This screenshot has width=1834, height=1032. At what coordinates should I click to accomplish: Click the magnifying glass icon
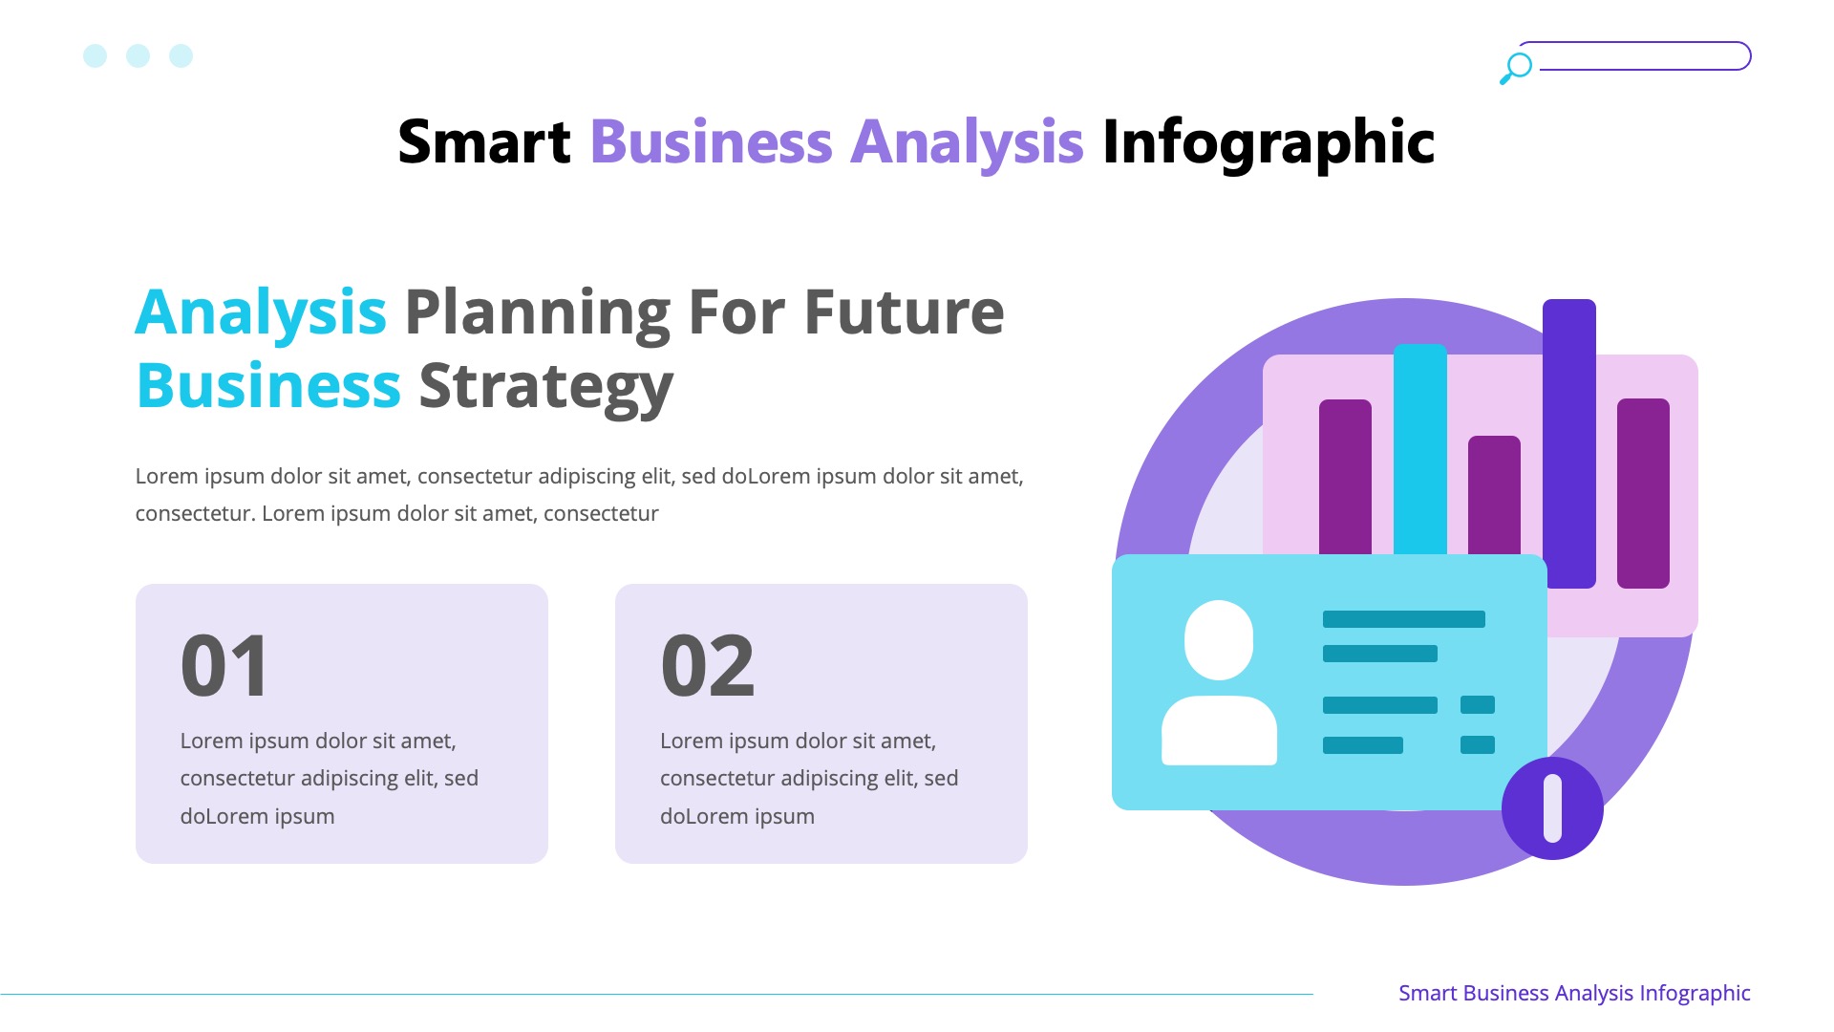point(1515,68)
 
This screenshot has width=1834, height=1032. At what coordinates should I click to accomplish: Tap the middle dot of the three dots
point(138,56)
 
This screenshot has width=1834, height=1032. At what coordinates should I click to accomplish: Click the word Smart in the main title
point(483,142)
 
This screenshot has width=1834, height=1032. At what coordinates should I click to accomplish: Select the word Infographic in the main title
point(1268,142)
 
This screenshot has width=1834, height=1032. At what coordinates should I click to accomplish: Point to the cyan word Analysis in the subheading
point(261,312)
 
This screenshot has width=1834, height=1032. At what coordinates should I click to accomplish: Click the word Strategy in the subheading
point(545,386)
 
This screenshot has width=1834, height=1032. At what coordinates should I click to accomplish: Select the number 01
point(225,666)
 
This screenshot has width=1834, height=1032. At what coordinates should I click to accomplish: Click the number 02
point(707,666)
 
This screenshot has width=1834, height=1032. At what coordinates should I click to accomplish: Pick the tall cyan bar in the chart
point(1419,449)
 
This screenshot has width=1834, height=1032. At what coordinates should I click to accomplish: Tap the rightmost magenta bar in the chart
point(1643,492)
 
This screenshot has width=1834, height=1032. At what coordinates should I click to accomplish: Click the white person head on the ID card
point(1219,639)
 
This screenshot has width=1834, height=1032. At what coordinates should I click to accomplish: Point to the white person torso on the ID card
point(1219,731)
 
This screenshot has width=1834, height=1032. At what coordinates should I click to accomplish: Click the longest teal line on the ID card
point(1403,619)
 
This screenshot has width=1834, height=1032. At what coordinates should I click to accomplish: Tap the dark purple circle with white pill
point(1552,808)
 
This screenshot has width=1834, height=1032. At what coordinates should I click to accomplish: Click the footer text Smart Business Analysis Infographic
point(1574,994)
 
